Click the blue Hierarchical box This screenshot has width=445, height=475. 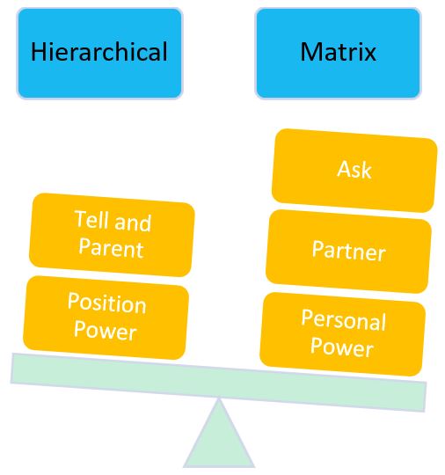[99, 53]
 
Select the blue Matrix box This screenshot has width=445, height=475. [338, 53]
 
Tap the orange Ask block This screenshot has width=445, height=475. [354, 170]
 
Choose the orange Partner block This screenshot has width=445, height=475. [348, 252]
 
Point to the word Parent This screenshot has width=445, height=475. [111, 248]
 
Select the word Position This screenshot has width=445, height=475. [106, 304]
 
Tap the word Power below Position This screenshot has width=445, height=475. [105, 331]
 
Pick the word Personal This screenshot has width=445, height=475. [344, 320]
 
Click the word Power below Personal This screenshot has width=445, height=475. [341, 347]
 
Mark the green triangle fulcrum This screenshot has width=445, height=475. [219, 440]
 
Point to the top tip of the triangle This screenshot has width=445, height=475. [219, 400]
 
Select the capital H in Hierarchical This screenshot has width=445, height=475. [38, 52]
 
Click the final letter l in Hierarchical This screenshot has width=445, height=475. [164, 52]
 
